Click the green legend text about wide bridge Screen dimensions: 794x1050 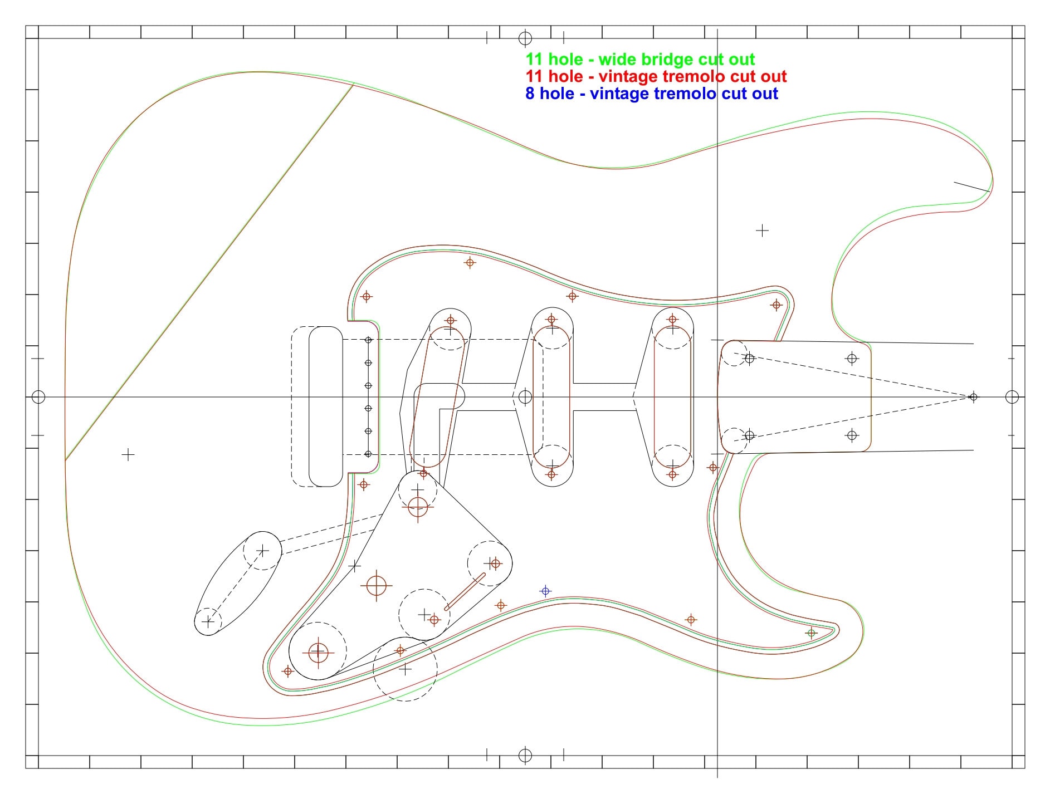click(x=639, y=60)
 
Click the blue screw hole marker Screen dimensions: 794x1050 click(x=545, y=591)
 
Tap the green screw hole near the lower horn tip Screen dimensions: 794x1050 click(x=811, y=633)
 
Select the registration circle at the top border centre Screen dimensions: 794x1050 click(x=525, y=38)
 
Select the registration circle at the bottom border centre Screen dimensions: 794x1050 click(x=525, y=756)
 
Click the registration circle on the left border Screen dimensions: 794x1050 click(x=38, y=397)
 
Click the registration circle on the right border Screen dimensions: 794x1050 click(x=1012, y=397)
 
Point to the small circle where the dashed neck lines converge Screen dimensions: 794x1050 click(x=973, y=397)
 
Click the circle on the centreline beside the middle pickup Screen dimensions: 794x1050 click(x=525, y=397)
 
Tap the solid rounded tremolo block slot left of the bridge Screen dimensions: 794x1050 click(x=326, y=406)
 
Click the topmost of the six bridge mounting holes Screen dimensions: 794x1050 click(x=368, y=340)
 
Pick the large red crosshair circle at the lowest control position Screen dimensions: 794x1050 click(x=318, y=651)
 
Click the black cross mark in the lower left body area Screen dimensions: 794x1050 click(x=128, y=455)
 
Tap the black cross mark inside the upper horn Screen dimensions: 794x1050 click(x=762, y=230)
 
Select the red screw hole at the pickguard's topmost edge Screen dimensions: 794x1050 click(x=470, y=262)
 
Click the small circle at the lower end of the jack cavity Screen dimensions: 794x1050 click(x=208, y=622)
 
